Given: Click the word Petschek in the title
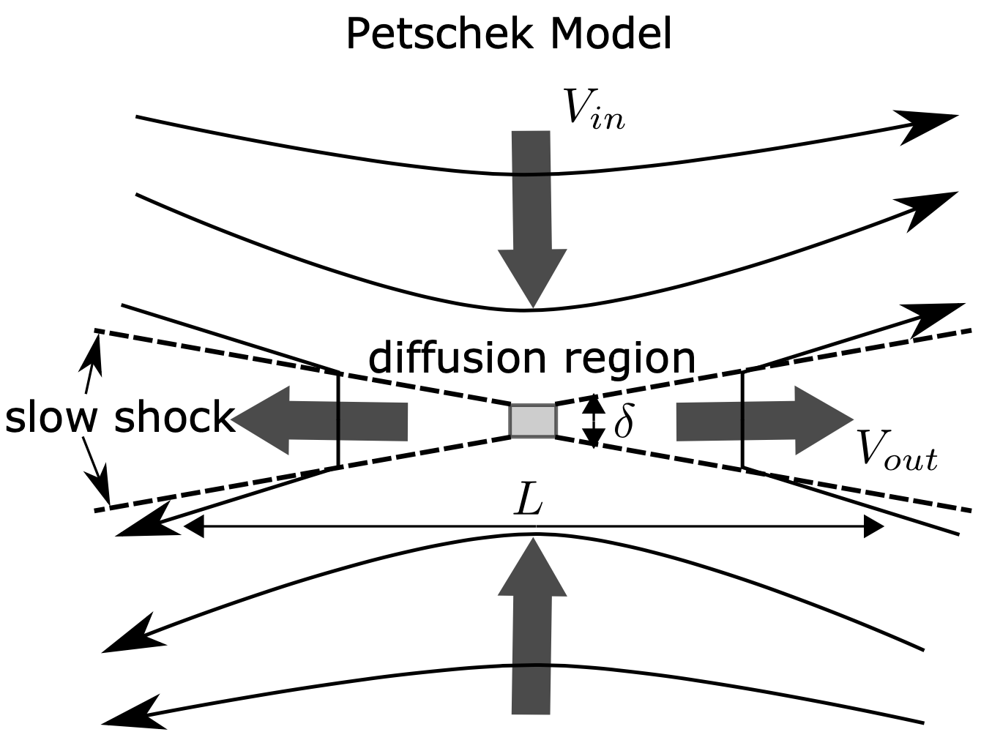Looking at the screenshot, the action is click(x=440, y=34).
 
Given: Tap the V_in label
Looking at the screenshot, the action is click(x=594, y=110).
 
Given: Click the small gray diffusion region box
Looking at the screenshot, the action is click(x=533, y=420).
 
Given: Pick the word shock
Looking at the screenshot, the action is click(x=174, y=417).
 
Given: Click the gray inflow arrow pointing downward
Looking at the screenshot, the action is click(x=531, y=219).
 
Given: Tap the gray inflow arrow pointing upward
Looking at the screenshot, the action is click(x=531, y=627).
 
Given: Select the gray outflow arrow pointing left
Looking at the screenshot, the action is click(x=319, y=420).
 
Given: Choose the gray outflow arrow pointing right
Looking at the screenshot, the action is click(x=765, y=420).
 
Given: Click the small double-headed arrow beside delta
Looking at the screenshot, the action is click(x=594, y=421).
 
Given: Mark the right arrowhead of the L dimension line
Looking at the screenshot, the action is click(x=873, y=527).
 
